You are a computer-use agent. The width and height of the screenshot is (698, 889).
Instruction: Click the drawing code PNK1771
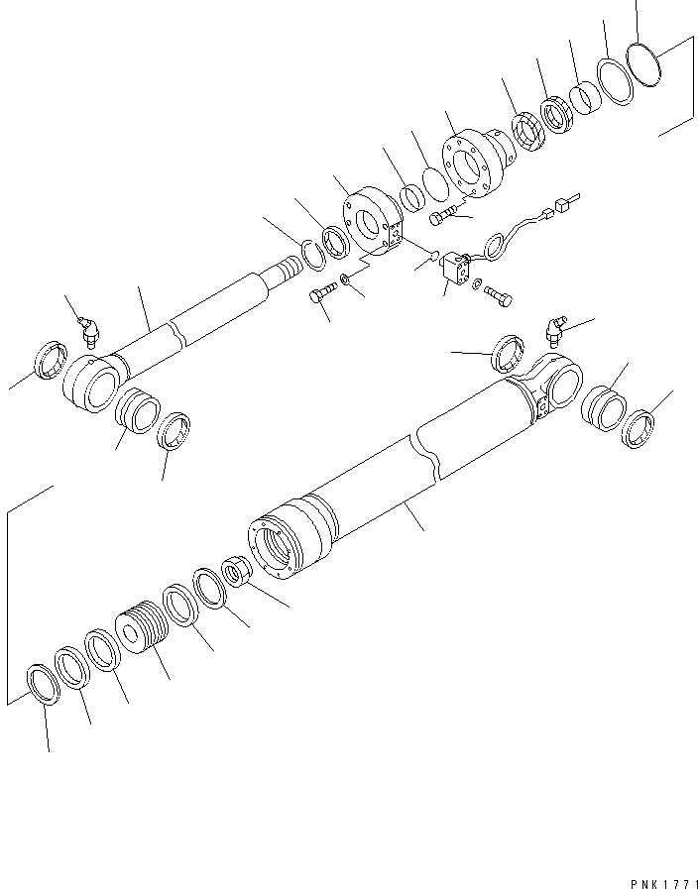coord(664,880)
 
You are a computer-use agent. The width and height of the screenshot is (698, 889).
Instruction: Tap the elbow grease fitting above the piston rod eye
coord(90,329)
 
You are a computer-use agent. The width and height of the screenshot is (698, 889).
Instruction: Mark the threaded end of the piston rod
coord(285,269)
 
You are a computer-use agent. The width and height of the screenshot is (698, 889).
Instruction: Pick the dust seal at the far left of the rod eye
coord(50,358)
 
